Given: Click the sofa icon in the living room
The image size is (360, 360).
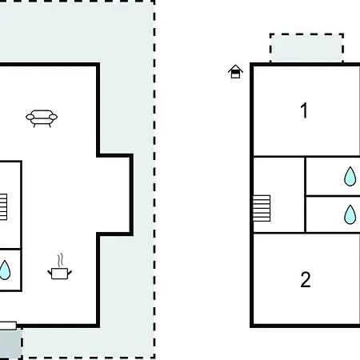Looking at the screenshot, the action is click(x=42, y=118).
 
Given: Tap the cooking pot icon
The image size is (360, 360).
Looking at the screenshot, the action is click(x=59, y=274).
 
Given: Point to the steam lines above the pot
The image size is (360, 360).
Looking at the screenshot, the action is click(x=61, y=260).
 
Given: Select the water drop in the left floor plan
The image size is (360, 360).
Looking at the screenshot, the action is click(x=4, y=270).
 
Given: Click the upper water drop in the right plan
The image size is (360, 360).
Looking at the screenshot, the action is click(x=350, y=177).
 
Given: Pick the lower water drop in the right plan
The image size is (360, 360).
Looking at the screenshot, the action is click(x=350, y=214).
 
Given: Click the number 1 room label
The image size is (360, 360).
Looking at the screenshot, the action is click(x=304, y=110).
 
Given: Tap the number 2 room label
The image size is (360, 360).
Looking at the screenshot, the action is click(x=306, y=279).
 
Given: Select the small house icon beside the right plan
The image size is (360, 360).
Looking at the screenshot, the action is click(x=235, y=71).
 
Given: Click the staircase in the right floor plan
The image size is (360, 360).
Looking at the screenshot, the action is click(x=262, y=208).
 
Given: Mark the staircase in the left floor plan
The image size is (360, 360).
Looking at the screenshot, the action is click(x=3, y=207).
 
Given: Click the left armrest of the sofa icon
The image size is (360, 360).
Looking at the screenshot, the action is click(x=30, y=117).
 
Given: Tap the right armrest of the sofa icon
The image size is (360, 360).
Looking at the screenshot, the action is click(x=53, y=117).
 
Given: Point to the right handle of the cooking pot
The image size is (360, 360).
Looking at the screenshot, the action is click(x=70, y=273).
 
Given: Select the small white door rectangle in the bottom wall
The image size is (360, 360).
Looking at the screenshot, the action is click(x=8, y=326).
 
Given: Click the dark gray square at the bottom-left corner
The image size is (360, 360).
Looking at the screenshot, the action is click(x=10, y=344).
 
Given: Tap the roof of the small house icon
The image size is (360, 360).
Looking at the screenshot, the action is click(x=235, y=68).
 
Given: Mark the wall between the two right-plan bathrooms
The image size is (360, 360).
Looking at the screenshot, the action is click(x=333, y=196).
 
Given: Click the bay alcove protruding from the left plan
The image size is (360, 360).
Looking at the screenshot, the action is click(x=114, y=194).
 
